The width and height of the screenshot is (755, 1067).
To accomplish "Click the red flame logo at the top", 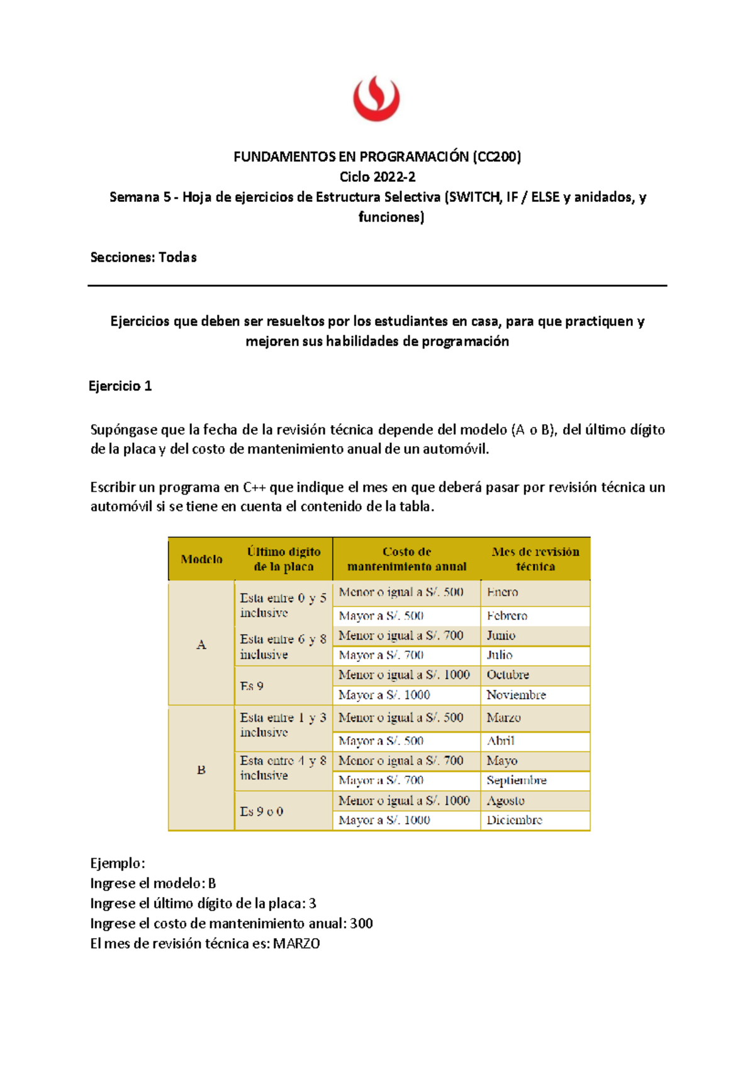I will click(x=376, y=98).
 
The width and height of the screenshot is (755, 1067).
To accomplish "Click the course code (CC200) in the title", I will click(x=496, y=157).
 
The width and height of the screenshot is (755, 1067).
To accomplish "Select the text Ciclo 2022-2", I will click(x=377, y=177).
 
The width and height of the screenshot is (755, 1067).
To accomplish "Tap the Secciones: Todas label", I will click(x=143, y=257).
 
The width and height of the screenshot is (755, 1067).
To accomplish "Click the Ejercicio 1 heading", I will click(x=120, y=386).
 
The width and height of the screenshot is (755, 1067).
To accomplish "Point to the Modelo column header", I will click(x=201, y=559).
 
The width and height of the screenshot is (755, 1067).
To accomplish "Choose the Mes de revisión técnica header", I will click(x=535, y=559).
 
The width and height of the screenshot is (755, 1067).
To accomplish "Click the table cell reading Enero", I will click(x=502, y=592).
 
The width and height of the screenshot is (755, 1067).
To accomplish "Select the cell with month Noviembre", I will click(x=516, y=695).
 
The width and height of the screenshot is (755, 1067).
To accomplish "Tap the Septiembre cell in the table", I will click(x=516, y=780).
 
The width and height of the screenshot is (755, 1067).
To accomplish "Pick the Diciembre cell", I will click(x=514, y=820).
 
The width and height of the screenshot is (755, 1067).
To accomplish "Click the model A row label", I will click(x=201, y=645).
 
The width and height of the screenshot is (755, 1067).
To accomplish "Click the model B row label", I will click(x=201, y=769).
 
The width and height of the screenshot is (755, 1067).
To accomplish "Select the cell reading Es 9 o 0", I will click(x=262, y=812).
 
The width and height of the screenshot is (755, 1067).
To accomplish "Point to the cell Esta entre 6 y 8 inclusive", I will click(x=282, y=647).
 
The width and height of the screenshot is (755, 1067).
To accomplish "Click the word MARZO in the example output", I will click(x=296, y=944).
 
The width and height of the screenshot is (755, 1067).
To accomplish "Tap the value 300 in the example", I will click(x=361, y=924).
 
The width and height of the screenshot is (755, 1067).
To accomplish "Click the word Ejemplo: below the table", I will click(x=118, y=863).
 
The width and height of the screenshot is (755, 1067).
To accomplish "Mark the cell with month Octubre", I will click(x=508, y=675).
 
